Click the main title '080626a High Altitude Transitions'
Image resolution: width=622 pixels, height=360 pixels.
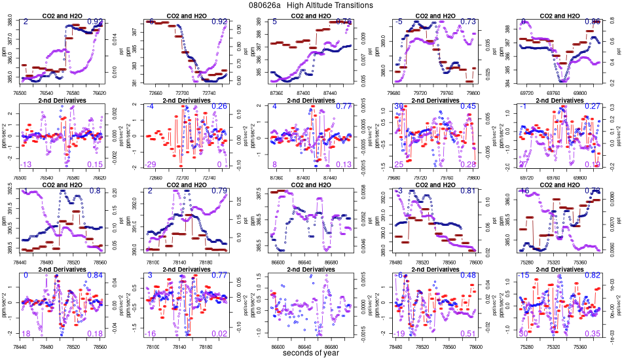pyautogui.click(x=311, y=5)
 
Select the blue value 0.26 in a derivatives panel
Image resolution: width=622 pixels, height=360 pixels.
pyautogui.click(x=219, y=107)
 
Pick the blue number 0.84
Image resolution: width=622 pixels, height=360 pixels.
pyautogui.click(x=95, y=276)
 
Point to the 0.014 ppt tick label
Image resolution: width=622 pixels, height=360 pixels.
pyautogui.click(x=111, y=42)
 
